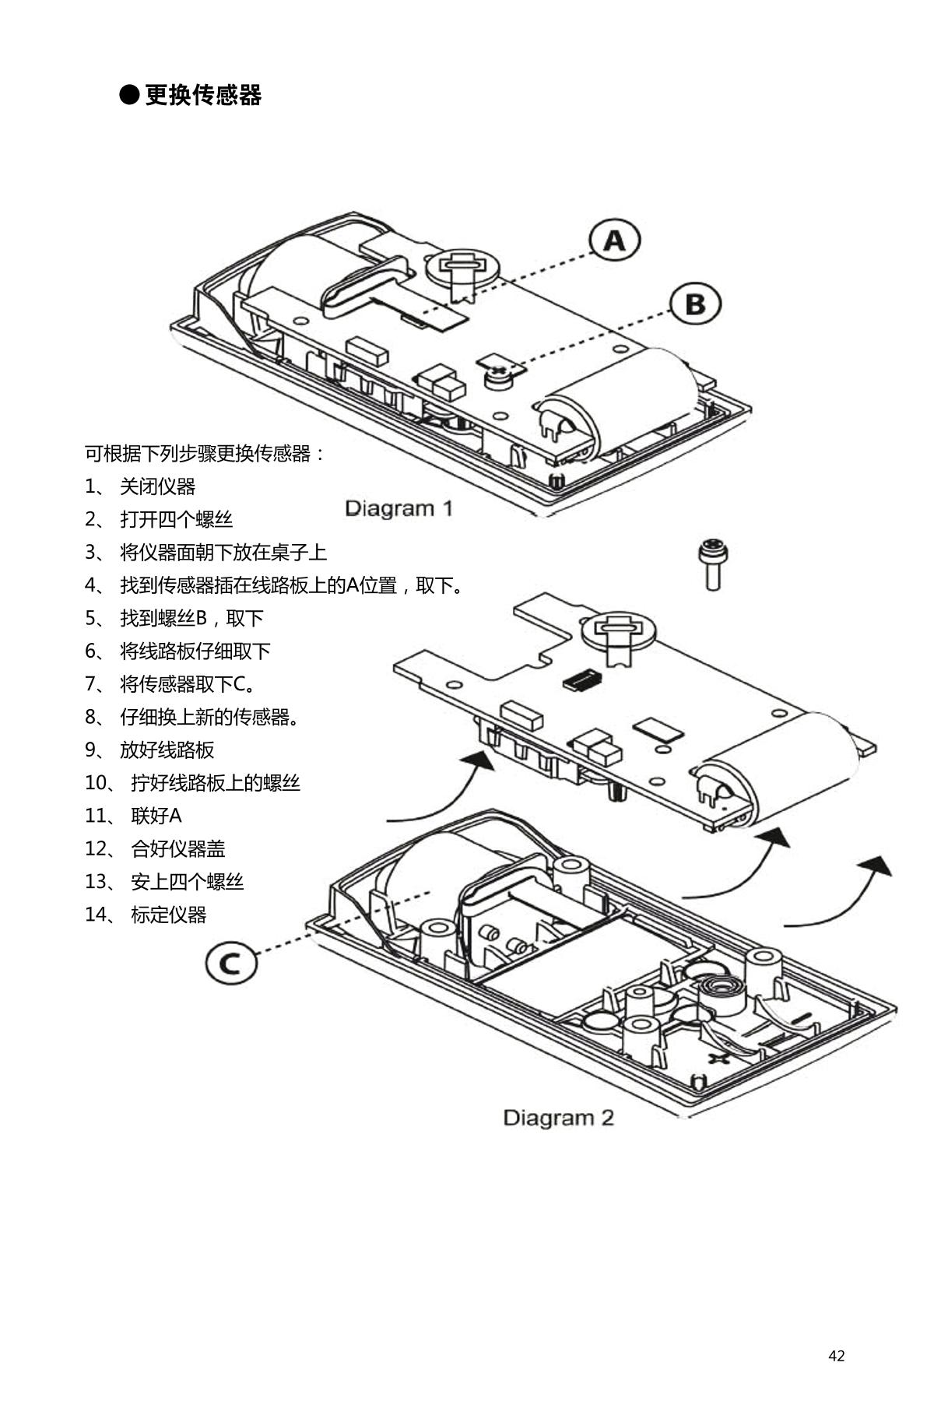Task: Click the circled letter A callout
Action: coord(614,241)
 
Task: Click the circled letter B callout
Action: coord(695,304)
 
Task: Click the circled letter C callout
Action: coord(230,964)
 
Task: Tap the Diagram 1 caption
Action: coord(399,509)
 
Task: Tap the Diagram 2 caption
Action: coord(558,1118)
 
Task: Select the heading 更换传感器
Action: coord(203,95)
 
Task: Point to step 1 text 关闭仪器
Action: coord(157,486)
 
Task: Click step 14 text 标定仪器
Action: coord(168,915)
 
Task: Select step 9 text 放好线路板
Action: coord(167,750)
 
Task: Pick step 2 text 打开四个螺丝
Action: coord(176,519)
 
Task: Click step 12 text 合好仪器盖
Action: coord(177,848)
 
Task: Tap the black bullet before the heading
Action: coord(129,95)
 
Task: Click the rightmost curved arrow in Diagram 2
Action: coord(841,895)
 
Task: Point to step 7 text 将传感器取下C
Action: coord(187,684)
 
